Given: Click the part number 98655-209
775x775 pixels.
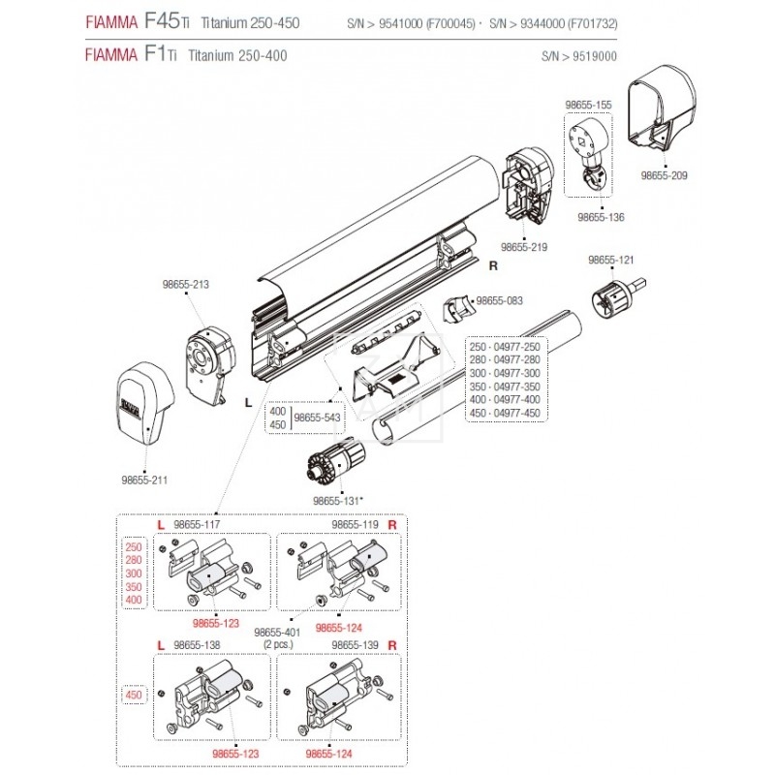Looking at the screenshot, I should click(x=665, y=176).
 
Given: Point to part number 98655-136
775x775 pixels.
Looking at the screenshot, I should click(x=601, y=218).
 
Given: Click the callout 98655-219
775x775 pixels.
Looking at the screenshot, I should click(x=524, y=247).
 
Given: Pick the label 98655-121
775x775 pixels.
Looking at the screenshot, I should click(x=611, y=261).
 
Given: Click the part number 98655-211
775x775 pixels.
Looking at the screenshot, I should click(x=145, y=479).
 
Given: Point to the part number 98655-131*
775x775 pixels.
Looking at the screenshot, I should click(x=337, y=501).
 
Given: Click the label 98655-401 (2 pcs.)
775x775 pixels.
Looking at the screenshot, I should click(x=276, y=637).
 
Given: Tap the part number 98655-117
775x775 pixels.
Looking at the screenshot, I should click(x=197, y=524).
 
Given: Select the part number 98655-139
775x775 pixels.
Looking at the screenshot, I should click(x=355, y=643).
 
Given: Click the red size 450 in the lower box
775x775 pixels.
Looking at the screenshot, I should click(x=133, y=695).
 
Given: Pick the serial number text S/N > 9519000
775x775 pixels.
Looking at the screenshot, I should click(x=579, y=57).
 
